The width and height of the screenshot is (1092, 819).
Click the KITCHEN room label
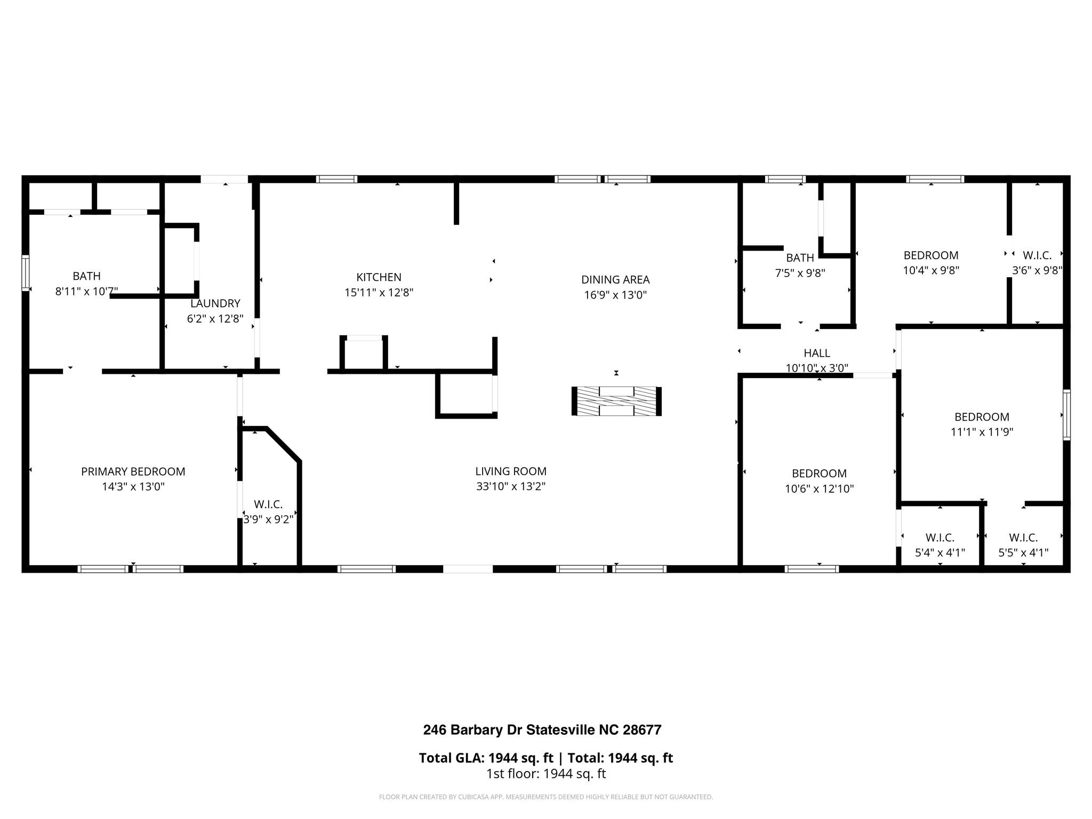pos(379,277)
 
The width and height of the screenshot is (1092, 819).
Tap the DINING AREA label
pos(615,279)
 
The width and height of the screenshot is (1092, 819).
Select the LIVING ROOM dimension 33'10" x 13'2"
pos(511,486)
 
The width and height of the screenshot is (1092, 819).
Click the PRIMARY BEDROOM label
pos(133,471)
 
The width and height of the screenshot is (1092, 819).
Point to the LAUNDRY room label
pos(215,303)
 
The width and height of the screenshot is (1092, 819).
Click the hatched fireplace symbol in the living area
pos(616,401)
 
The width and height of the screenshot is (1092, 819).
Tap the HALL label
pos(816,353)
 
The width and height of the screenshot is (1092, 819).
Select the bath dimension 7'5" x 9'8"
pos(800,273)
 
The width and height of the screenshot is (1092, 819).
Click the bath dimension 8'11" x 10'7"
pos(86,291)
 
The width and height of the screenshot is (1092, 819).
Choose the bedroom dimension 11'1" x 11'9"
pos(982,432)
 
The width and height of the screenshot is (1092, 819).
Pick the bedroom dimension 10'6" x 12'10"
pos(819,488)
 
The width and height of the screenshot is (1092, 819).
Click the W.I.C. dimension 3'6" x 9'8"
pos(1037,270)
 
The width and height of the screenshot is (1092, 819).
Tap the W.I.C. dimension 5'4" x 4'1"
pos(940,552)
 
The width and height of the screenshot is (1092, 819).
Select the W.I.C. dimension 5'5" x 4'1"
pos(1023,552)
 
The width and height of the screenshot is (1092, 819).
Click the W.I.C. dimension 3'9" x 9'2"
pos(268,519)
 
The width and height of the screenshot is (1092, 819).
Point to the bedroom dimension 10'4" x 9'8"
pos(931,270)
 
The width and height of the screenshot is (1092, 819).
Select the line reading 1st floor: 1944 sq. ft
pos(546,774)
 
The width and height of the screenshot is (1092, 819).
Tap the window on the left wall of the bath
pos(25,273)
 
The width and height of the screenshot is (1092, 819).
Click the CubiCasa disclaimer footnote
pos(546,797)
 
